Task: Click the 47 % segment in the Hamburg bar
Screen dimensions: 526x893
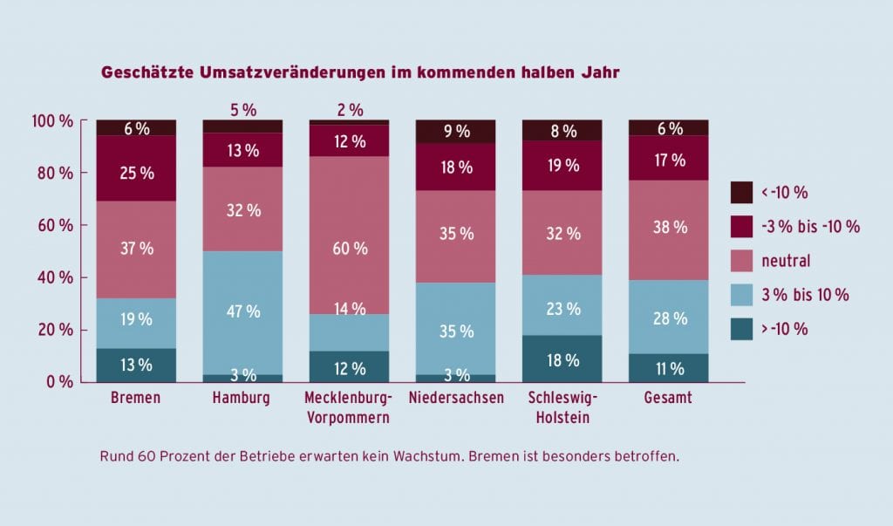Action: point(242,312)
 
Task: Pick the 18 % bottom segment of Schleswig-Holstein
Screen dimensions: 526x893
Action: point(562,359)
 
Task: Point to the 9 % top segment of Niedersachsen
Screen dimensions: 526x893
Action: point(455,132)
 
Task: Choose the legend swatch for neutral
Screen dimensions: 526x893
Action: point(741,260)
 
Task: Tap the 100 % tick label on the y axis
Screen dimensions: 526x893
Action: point(52,120)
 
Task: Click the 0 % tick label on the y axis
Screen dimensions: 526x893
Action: point(59,382)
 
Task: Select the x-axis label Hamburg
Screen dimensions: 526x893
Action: point(242,400)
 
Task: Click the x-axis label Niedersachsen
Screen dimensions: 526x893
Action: point(455,400)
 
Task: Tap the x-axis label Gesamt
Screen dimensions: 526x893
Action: point(669,400)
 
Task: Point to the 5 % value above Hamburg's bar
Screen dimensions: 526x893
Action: point(242,110)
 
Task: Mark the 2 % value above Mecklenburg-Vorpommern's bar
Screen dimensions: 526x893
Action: point(349,110)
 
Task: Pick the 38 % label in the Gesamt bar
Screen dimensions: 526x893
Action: point(669,227)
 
